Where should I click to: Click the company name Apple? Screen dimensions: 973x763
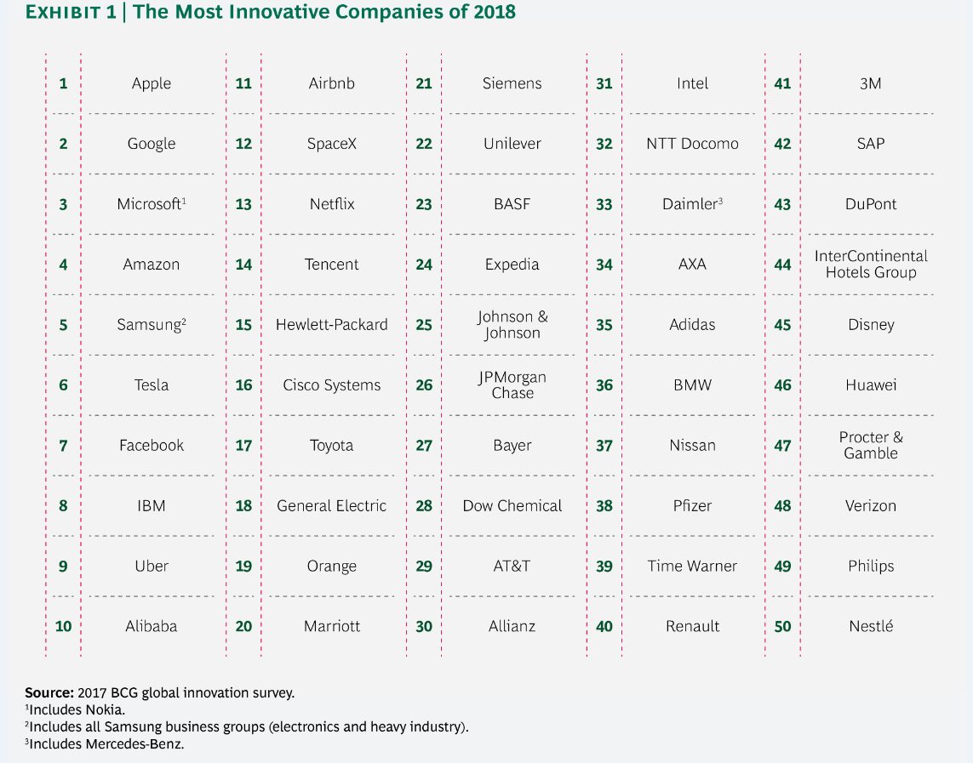click(152, 83)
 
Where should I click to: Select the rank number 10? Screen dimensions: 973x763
click(63, 626)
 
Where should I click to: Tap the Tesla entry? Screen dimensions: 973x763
click(152, 385)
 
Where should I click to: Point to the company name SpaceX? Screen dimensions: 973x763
click(332, 144)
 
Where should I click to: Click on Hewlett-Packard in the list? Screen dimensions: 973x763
click(332, 325)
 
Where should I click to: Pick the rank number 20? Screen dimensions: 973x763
click(243, 626)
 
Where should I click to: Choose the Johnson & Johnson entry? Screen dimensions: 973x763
click(512, 325)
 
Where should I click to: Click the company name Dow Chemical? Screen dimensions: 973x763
click(512, 506)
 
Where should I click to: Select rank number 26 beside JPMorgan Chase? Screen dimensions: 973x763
click(425, 385)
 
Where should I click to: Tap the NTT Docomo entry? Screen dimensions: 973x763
click(693, 144)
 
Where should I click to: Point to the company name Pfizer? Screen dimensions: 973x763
click(693, 506)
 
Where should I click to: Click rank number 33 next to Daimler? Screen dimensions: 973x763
click(604, 204)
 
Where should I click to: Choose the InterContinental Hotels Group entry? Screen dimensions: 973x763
click(871, 264)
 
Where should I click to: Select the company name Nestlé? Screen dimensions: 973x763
click(871, 626)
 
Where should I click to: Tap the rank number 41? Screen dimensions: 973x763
click(782, 83)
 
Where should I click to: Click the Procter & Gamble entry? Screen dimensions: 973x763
click(871, 445)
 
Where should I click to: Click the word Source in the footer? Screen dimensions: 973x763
click(49, 693)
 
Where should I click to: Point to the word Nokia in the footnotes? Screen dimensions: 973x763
click(105, 710)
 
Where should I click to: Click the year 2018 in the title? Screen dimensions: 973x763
click(494, 12)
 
